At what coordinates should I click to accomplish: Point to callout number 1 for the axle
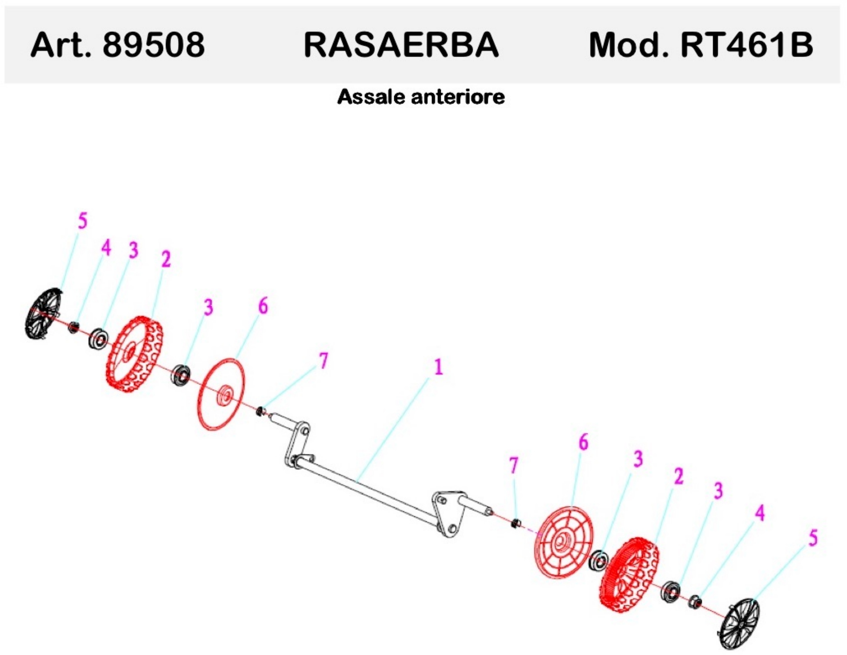click(438, 367)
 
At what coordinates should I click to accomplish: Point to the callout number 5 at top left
click(83, 221)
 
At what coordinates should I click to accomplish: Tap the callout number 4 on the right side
click(759, 513)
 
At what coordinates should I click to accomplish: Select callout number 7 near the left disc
click(323, 361)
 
